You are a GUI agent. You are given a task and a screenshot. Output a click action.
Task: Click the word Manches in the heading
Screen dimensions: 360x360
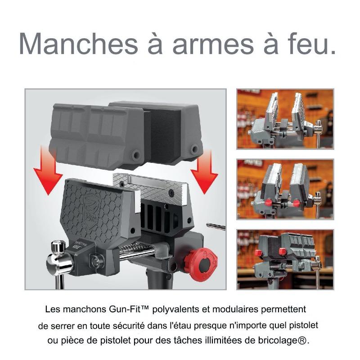click(x=78, y=44)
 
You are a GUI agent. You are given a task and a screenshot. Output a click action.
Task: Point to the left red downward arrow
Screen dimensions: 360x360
click(x=48, y=170)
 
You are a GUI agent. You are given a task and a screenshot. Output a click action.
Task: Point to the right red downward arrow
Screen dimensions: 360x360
click(x=204, y=171)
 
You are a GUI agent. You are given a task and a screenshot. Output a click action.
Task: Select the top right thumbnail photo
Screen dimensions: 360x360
click(x=285, y=119)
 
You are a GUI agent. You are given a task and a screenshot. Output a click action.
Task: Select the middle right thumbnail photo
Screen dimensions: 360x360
click(x=285, y=189)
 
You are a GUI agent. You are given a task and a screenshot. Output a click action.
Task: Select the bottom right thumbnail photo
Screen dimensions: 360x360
click(x=285, y=260)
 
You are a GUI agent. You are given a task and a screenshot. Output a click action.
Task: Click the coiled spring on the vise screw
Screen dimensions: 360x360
click(x=135, y=249)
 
